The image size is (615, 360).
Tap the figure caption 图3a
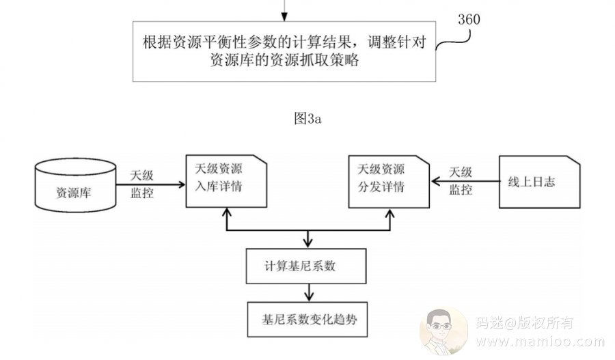pos(307,118)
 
